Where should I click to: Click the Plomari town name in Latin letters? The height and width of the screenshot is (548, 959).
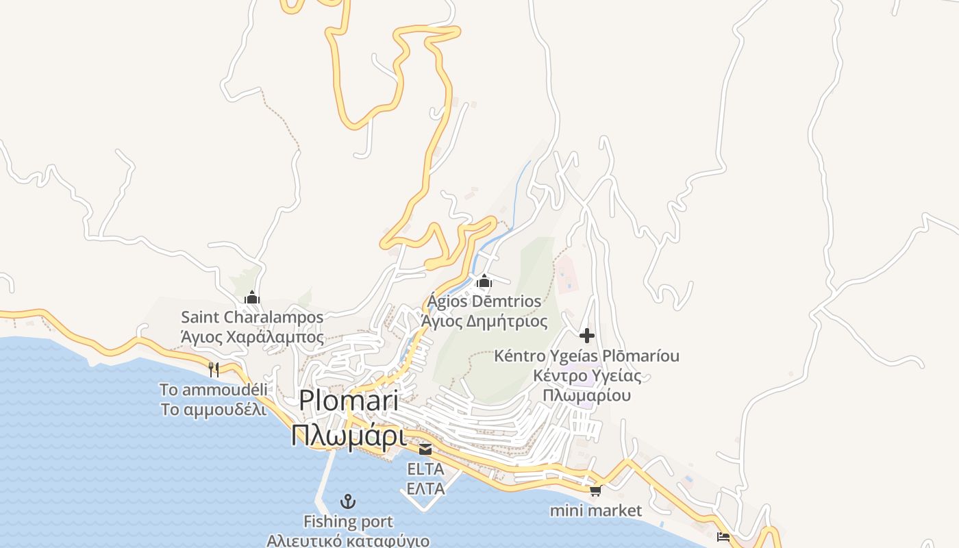pos(349,401)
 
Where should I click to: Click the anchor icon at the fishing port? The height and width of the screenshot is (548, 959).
pos(349,501)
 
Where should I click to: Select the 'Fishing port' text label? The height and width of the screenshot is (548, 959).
pos(349,522)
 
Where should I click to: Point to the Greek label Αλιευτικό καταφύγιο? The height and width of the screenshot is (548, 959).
pos(349,540)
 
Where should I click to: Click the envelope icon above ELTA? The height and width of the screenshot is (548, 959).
pos(425,449)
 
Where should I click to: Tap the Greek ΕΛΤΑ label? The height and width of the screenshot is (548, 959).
pos(425,488)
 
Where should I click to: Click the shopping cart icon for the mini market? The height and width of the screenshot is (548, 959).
pos(596,490)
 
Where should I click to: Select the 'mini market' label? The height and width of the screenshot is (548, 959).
pos(596,510)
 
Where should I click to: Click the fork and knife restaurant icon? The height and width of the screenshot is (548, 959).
pos(214,370)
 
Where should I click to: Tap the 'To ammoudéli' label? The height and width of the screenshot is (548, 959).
pos(213,390)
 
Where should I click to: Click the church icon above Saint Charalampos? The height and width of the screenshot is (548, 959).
pos(252,297)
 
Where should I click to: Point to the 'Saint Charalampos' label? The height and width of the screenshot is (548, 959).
pos(252,317)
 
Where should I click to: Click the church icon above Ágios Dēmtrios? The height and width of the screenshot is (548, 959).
pos(484,281)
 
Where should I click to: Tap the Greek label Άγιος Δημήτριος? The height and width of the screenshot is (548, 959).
pos(484,321)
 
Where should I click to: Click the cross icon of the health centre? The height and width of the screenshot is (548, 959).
pos(587,336)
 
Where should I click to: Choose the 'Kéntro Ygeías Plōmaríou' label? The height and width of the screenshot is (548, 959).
pos(587,356)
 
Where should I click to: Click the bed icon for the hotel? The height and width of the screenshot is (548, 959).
pos(723,536)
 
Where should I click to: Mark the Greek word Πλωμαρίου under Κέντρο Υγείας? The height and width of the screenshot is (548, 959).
pos(587,395)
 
